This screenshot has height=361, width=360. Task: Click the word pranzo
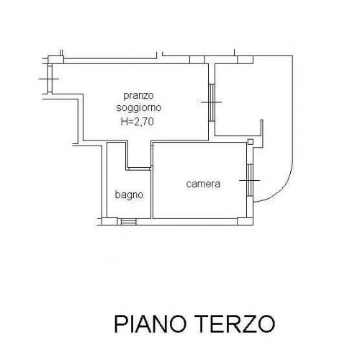click(x=138, y=96)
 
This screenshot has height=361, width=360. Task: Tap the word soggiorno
click(x=139, y=107)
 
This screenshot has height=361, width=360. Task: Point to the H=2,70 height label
click(x=138, y=122)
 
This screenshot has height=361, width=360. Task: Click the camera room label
click(x=203, y=184)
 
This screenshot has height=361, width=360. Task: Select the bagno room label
click(x=129, y=195)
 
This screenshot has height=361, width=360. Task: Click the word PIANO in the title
click(x=150, y=324)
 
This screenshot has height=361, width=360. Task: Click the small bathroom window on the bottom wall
click(x=128, y=221)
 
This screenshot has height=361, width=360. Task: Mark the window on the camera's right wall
click(x=250, y=180)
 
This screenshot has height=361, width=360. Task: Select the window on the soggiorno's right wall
click(x=212, y=102)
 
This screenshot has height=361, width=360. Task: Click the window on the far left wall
click(x=50, y=79)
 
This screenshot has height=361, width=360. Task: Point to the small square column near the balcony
click(x=251, y=142)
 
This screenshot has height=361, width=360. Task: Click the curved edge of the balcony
click(x=282, y=190)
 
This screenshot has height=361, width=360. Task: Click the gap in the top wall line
click(x=160, y=56)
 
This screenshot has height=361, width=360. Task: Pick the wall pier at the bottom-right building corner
click(x=246, y=221)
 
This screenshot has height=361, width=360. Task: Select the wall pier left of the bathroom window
click(x=109, y=221)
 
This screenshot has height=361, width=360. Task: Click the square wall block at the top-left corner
click(x=56, y=60)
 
